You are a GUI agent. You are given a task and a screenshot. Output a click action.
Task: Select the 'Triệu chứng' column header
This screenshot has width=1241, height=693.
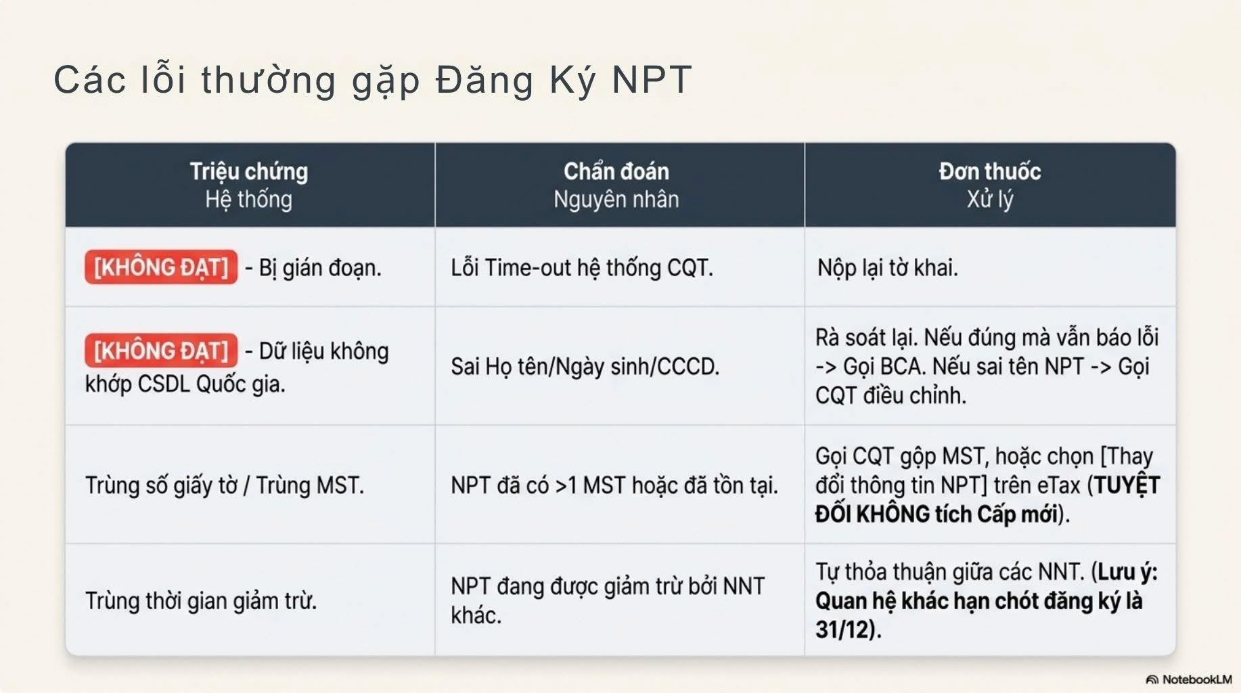click(x=249, y=171)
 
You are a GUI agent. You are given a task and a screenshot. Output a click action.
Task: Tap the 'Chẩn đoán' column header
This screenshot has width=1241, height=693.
click(x=616, y=171)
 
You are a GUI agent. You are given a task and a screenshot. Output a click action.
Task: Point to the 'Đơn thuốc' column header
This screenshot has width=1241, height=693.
click(x=990, y=171)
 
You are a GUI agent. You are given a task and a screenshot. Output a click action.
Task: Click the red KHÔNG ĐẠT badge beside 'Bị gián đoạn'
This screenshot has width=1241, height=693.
click(x=161, y=267)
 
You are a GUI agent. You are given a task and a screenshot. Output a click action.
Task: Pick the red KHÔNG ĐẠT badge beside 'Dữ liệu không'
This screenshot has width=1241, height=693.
click(x=161, y=351)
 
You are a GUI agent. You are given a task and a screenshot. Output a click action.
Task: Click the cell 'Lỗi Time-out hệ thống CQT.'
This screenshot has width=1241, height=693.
click(x=582, y=268)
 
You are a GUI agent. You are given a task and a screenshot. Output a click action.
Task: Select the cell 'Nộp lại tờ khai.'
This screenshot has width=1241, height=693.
click(x=888, y=268)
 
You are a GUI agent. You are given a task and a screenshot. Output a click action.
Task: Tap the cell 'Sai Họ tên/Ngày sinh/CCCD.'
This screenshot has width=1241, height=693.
click(x=585, y=367)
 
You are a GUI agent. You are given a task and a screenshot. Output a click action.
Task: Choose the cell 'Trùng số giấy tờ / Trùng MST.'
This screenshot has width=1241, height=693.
click(x=225, y=485)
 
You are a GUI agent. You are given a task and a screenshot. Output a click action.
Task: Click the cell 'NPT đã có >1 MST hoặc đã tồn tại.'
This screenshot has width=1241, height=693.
click(x=614, y=485)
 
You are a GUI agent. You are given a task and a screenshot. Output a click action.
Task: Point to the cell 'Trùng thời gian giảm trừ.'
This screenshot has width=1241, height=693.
click(x=201, y=601)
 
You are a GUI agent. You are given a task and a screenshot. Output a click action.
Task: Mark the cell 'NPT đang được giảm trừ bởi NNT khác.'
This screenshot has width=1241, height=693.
click(x=608, y=600)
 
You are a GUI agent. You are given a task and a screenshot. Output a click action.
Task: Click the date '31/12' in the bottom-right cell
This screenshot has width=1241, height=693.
click(x=842, y=630)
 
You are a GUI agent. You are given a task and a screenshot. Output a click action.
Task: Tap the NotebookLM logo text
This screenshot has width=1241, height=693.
click(x=1196, y=679)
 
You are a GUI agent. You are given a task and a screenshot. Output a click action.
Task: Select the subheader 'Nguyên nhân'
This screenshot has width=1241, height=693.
click(x=616, y=200)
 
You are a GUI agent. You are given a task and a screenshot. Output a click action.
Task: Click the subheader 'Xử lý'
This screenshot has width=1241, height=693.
click(x=990, y=200)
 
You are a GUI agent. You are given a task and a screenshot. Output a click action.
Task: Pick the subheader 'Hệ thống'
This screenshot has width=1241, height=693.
click(x=249, y=200)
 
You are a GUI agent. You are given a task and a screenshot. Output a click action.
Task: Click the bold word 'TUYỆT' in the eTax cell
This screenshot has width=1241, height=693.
click(x=1127, y=485)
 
